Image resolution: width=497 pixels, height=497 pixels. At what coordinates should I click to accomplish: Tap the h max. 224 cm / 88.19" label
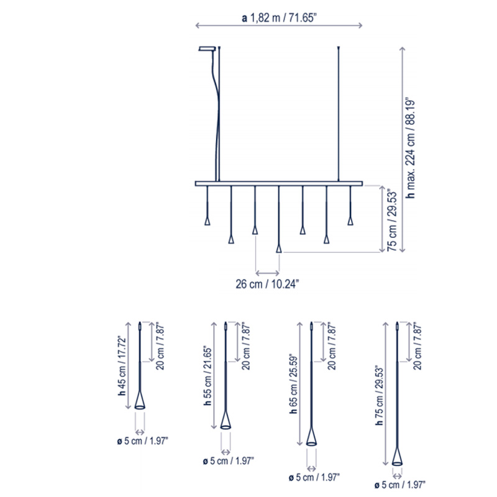(x=411, y=148)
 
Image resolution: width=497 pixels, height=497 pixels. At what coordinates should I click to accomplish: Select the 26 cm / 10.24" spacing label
(x=267, y=284)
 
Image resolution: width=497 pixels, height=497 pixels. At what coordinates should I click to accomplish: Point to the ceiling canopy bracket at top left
(x=207, y=48)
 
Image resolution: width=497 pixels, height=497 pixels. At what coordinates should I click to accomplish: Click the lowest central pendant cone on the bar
(x=278, y=249)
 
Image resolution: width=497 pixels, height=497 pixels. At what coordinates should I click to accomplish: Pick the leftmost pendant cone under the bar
(x=207, y=221)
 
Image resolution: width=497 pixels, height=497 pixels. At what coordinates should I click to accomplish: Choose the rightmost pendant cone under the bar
(x=350, y=221)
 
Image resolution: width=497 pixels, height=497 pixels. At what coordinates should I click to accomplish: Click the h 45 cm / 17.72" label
(x=122, y=365)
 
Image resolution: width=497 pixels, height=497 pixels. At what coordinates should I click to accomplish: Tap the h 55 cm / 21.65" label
(x=207, y=376)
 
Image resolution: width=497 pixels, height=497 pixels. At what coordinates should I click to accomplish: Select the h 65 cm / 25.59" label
(x=293, y=383)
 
